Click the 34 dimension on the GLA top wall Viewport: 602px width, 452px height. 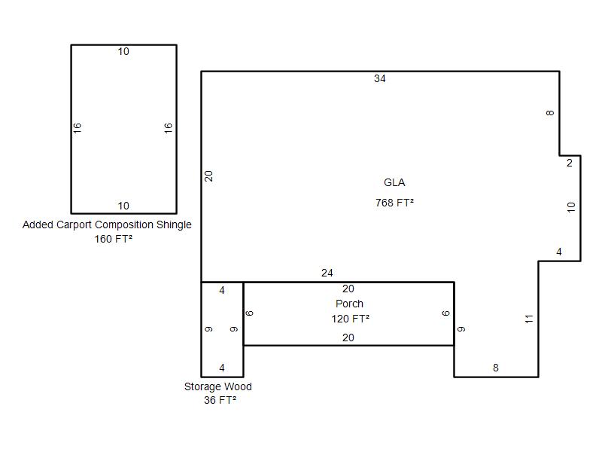tap(380, 78)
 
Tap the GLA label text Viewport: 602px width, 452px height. tap(394, 182)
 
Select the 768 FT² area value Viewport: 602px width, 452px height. tap(394, 203)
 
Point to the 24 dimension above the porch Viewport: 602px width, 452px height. tap(327, 273)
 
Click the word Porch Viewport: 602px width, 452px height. tap(349, 304)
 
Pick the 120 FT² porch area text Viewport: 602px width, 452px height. tap(351, 319)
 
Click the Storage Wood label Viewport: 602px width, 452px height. tap(218, 386)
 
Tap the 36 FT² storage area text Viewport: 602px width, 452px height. tap(220, 400)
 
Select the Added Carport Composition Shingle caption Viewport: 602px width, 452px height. tap(107, 224)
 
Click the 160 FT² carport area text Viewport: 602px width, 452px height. tap(114, 239)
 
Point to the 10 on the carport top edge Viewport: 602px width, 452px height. tap(123, 51)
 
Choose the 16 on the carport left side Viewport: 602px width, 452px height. tap(78, 128)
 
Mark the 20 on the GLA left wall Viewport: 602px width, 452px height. tap(208, 176)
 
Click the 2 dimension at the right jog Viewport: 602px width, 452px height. tap(570, 163)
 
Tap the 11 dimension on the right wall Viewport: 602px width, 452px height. tap(529, 319)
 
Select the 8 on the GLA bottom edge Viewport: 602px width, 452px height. tap(496, 368)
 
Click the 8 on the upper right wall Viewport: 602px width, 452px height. tap(550, 113)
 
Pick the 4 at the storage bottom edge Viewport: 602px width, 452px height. tap(222, 368)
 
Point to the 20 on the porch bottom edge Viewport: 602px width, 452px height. tap(348, 337)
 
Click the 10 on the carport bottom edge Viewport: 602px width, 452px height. tap(123, 206)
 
